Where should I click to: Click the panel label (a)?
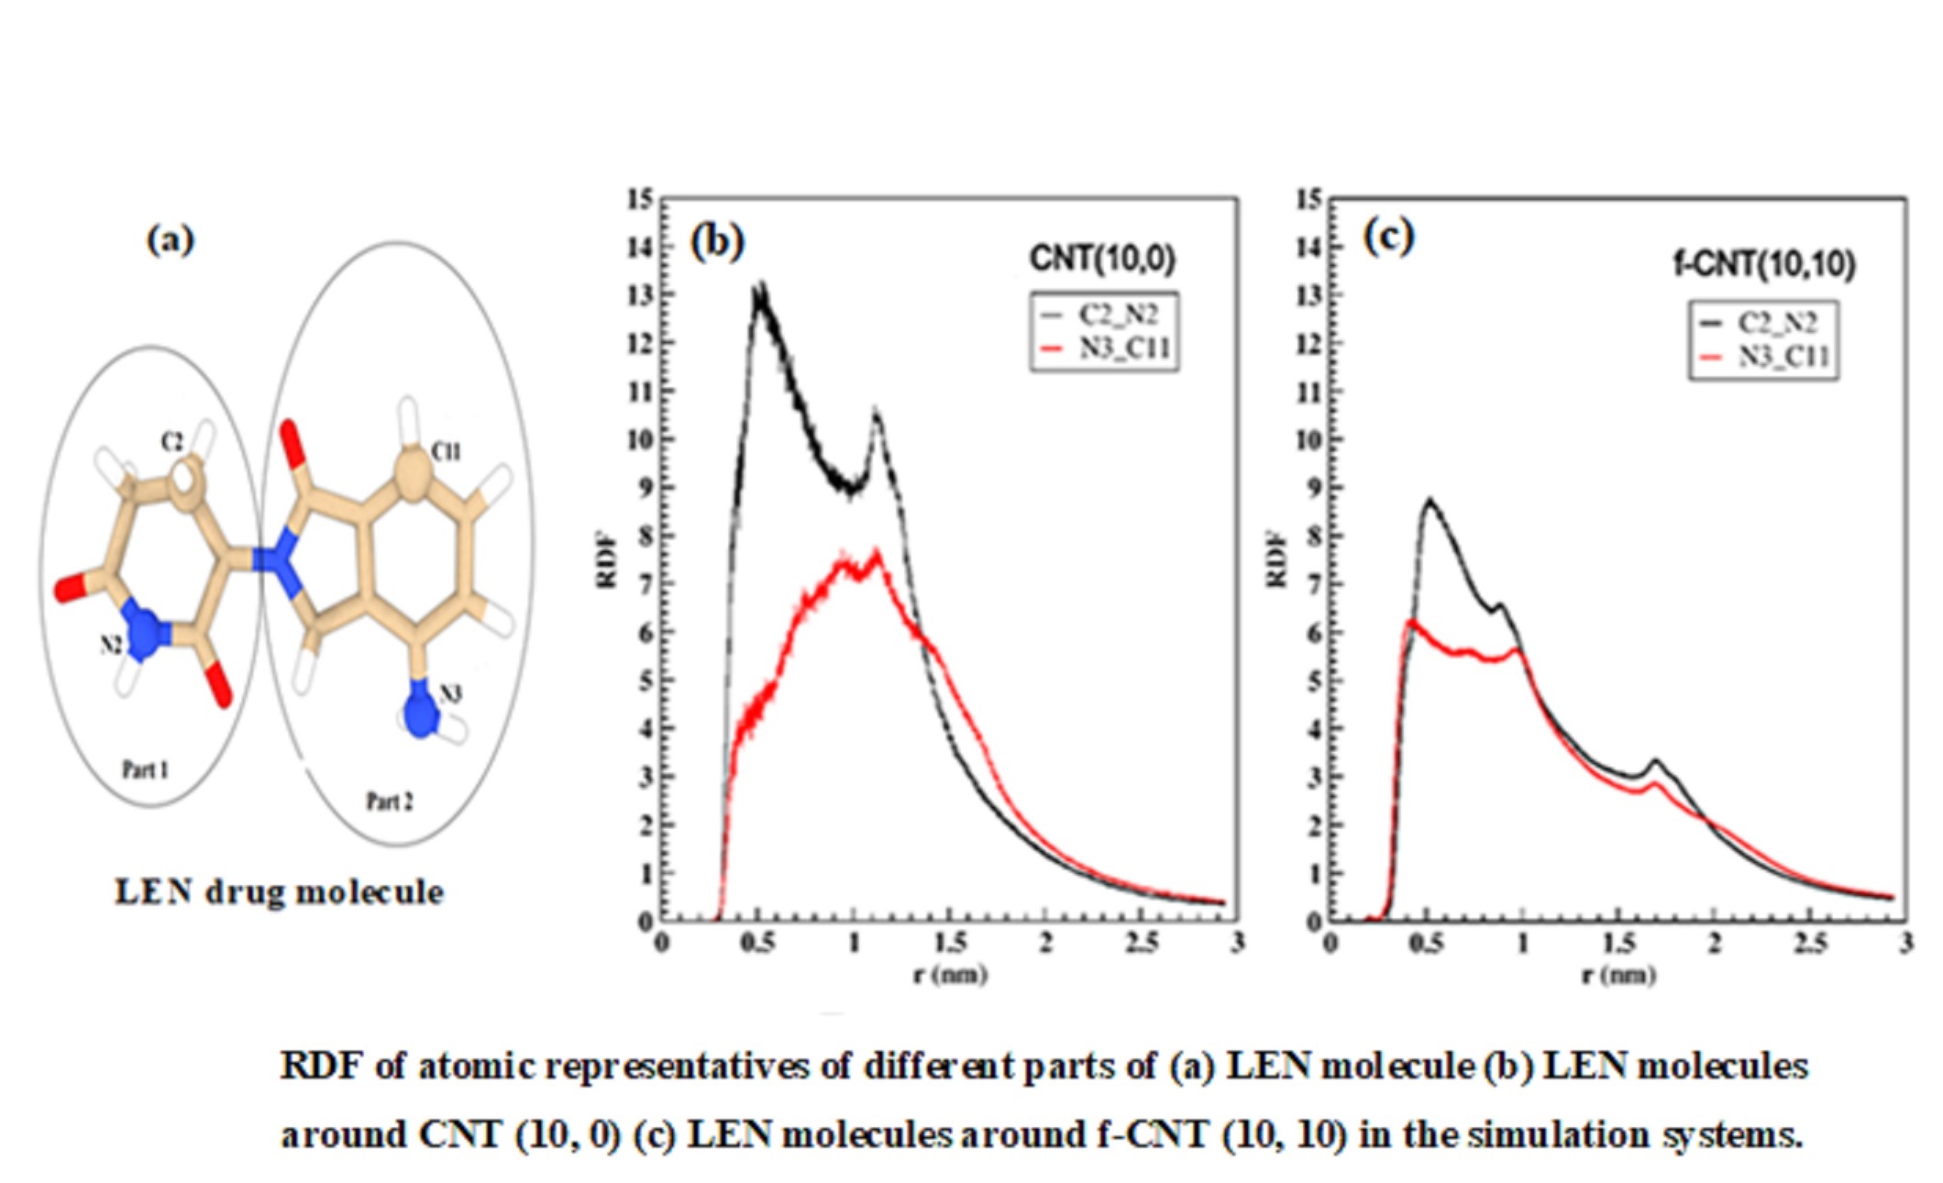point(171,240)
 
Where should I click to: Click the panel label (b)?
point(717,242)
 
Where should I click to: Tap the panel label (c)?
point(1389,237)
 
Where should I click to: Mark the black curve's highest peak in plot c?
point(1430,501)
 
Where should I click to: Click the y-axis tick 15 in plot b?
point(641,199)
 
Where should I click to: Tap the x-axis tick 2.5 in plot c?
point(1810,943)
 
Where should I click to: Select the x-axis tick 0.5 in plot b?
point(757,943)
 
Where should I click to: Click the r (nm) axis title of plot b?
point(950,973)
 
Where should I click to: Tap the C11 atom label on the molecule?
point(446,451)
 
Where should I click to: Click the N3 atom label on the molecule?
point(449,694)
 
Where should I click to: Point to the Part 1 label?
point(146,768)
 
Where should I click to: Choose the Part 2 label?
point(390,802)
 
